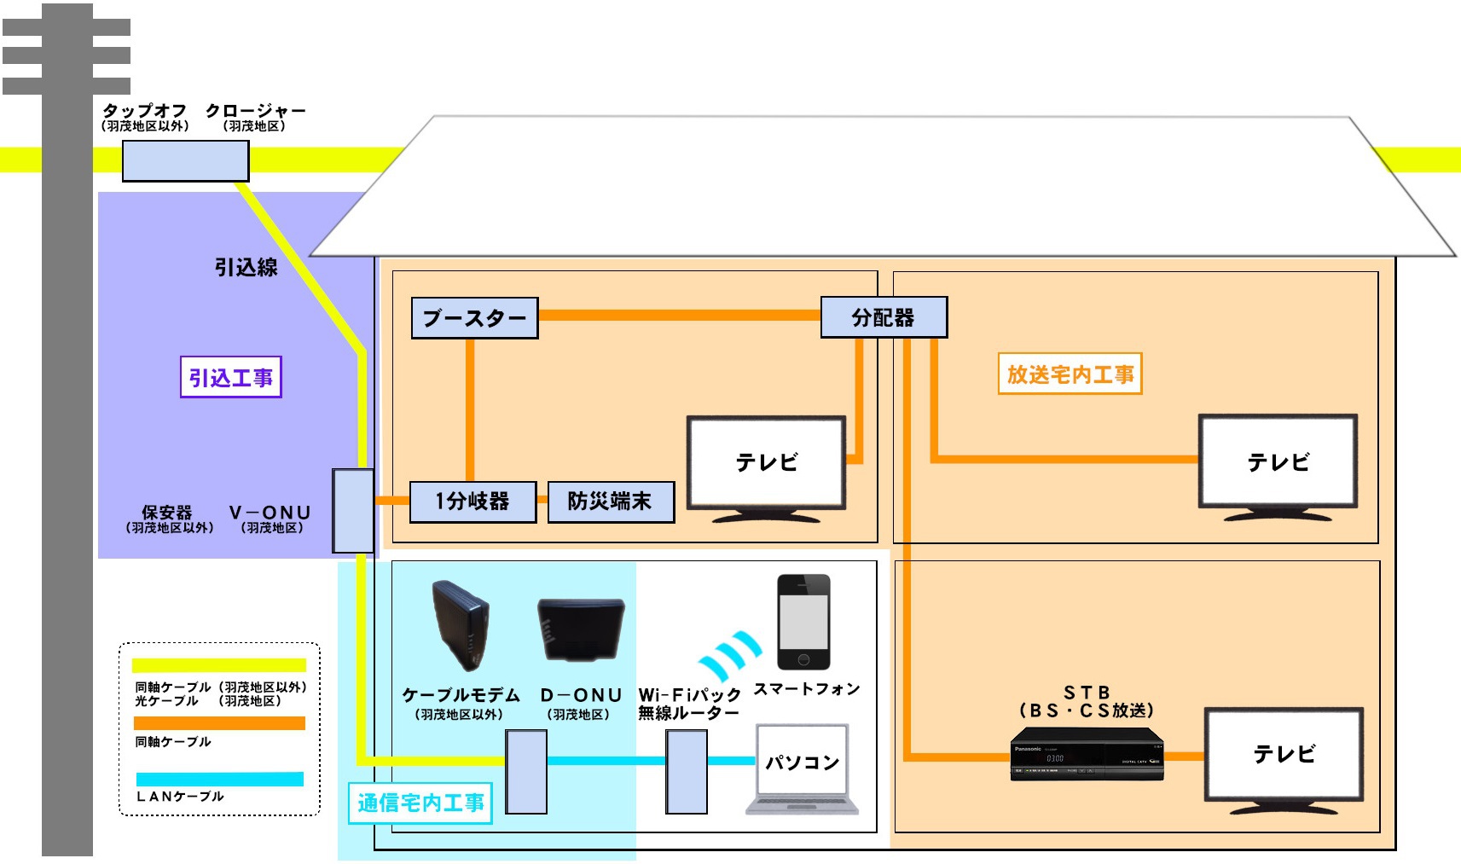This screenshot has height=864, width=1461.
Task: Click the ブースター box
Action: (474, 318)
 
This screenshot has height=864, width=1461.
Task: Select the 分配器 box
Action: (884, 317)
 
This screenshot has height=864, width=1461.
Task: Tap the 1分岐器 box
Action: (473, 502)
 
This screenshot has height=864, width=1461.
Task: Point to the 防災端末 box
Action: (610, 502)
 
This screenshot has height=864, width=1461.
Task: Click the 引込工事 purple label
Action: (230, 377)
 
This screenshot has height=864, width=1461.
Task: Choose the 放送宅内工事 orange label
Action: (1070, 374)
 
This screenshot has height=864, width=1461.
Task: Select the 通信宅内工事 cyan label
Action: (420, 803)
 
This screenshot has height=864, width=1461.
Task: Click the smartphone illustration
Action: (803, 622)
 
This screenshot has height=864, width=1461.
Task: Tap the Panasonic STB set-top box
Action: (1087, 754)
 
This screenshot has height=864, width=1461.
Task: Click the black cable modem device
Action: (461, 625)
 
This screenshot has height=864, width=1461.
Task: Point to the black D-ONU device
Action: (581, 629)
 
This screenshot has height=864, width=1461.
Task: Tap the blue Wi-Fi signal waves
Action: (729, 655)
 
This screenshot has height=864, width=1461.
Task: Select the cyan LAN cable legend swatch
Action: (220, 779)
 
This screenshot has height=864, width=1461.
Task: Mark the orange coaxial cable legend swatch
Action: (220, 723)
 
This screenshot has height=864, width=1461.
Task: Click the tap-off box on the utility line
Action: (185, 161)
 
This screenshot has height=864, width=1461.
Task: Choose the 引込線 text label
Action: (246, 268)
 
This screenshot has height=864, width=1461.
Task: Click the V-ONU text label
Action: (270, 513)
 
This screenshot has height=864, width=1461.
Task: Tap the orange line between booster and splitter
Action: (679, 315)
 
